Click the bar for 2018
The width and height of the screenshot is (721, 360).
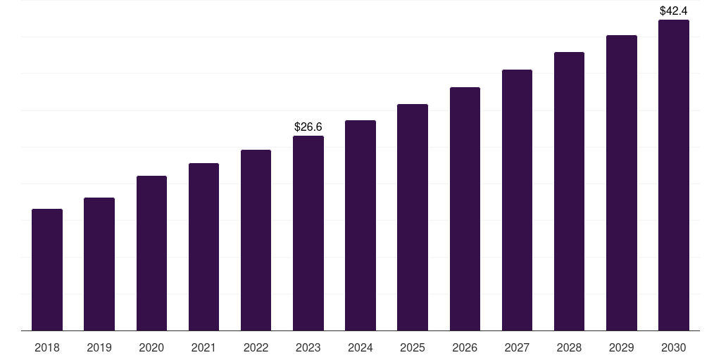(x=47, y=270)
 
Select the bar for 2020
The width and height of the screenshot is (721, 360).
(x=151, y=253)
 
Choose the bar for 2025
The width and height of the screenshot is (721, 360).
(x=413, y=217)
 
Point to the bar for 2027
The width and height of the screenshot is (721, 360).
(x=517, y=200)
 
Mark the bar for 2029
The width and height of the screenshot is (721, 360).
(x=621, y=183)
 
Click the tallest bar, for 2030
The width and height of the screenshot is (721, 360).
(x=674, y=175)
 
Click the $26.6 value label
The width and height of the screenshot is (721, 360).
(x=308, y=127)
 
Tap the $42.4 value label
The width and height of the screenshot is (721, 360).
(x=674, y=11)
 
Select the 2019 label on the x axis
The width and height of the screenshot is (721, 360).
(x=99, y=347)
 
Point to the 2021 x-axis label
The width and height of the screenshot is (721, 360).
(x=203, y=347)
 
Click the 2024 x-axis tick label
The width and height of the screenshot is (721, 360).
(x=360, y=347)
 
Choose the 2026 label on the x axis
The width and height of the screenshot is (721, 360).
(x=465, y=347)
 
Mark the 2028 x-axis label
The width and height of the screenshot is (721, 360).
(x=569, y=347)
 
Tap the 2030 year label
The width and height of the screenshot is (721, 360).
(x=674, y=347)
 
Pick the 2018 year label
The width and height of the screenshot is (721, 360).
(x=47, y=347)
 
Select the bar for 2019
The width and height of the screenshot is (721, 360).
(x=99, y=264)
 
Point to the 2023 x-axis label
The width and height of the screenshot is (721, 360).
(x=308, y=347)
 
